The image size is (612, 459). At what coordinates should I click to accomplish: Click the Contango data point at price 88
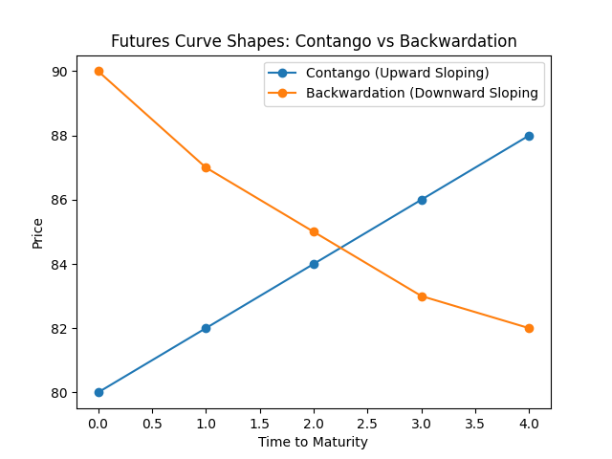(x=529, y=136)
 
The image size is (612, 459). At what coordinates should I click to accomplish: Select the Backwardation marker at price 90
(x=98, y=72)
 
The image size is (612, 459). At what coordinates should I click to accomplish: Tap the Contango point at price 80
(x=98, y=392)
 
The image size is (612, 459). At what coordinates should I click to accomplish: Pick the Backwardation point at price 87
(x=206, y=167)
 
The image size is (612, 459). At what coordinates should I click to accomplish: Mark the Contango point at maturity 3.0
(x=421, y=200)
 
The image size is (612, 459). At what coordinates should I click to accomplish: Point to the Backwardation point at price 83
(x=421, y=296)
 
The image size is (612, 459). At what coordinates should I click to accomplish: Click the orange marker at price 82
(x=529, y=328)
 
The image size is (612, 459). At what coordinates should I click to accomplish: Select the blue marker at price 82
(x=206, y=328)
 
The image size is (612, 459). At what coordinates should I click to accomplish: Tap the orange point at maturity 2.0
(x=314, y=231)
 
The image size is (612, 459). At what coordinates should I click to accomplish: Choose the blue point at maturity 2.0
(x=314, y=264)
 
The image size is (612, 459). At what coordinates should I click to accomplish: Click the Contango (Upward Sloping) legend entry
(x=397, y=74)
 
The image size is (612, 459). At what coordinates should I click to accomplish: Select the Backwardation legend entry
(x=422, y=94)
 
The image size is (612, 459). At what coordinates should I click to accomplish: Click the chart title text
(x=314, y=41)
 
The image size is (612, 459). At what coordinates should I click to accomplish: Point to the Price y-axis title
(x=38, y=232)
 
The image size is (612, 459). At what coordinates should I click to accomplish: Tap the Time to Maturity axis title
(x=314, y=442)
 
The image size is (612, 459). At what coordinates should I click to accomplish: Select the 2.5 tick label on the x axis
(x=367, y=421)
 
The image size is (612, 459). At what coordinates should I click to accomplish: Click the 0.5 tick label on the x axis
(x=152, y=421)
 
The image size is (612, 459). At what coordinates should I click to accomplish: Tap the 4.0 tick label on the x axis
(x=529, y=421)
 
